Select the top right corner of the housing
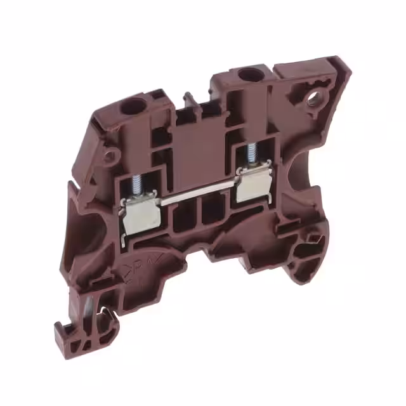(339, 63)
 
